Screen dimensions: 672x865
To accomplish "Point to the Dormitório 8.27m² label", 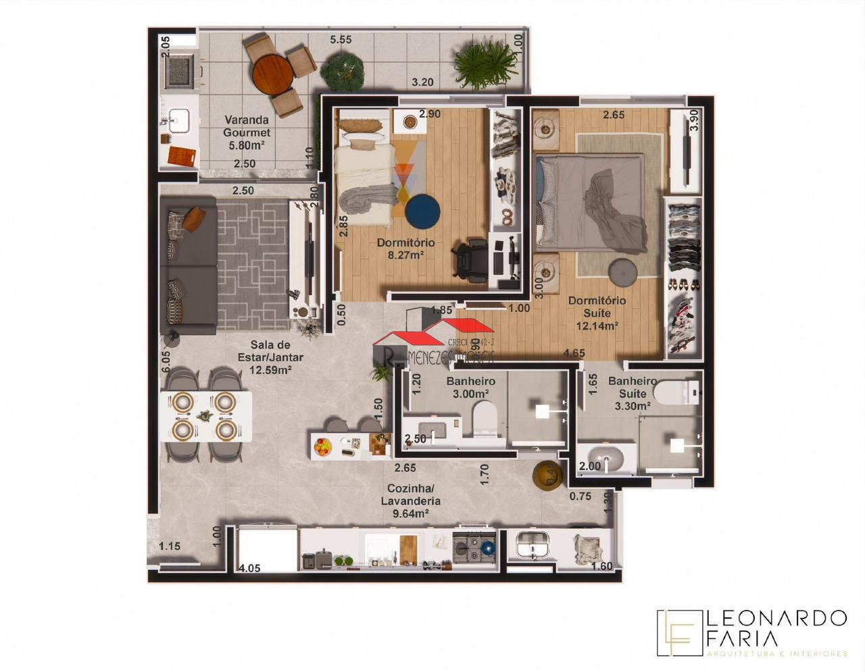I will (405, 249).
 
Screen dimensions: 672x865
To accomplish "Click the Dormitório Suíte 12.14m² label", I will (597, 313).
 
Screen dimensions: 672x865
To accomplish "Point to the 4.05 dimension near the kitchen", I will (250, 568).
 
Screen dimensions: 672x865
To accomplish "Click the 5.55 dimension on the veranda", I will (341, 40).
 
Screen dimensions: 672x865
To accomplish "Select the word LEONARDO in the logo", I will (776, 617).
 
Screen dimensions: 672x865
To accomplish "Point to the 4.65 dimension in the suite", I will (574, 353).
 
